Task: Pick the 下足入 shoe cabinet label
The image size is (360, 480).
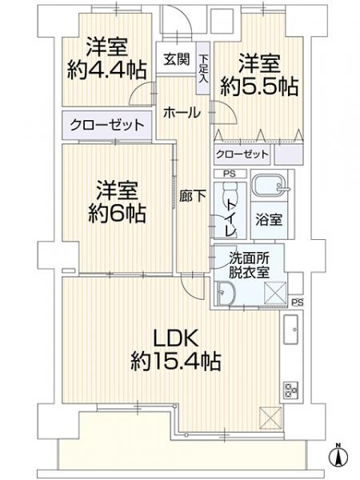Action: pos(204,66)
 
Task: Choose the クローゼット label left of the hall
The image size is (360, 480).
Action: pos(107,125)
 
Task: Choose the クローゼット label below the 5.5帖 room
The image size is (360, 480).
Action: pos(241,154)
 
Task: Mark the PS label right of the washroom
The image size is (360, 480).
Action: pos(298,302)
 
